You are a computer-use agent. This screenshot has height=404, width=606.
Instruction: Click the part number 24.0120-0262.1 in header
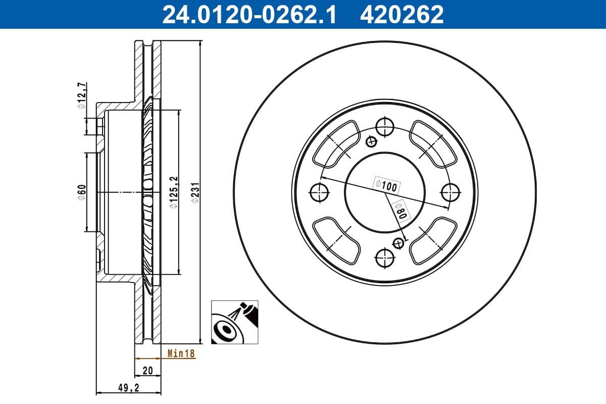coord(248,14)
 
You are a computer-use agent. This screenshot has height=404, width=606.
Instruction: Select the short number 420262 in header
coord(401,14)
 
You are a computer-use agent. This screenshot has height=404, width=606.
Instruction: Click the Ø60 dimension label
coord(81,192)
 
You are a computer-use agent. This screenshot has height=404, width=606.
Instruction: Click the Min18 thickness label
coord(181,354)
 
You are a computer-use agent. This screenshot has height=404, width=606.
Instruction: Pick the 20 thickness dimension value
coord(147,371)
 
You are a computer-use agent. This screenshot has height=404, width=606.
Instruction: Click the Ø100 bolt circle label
coord(386,185)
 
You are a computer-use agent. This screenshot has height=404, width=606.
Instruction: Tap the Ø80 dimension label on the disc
coord(399,208)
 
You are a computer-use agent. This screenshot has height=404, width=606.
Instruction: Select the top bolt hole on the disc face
coord(385,126)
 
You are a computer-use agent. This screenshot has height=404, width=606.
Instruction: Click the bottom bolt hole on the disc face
coord(385,258)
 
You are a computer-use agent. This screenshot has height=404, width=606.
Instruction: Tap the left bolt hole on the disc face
coord(319,192)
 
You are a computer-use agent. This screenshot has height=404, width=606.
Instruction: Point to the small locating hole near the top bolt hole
coord(372,141)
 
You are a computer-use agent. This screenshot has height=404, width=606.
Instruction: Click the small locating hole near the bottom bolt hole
coord(398,244)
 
